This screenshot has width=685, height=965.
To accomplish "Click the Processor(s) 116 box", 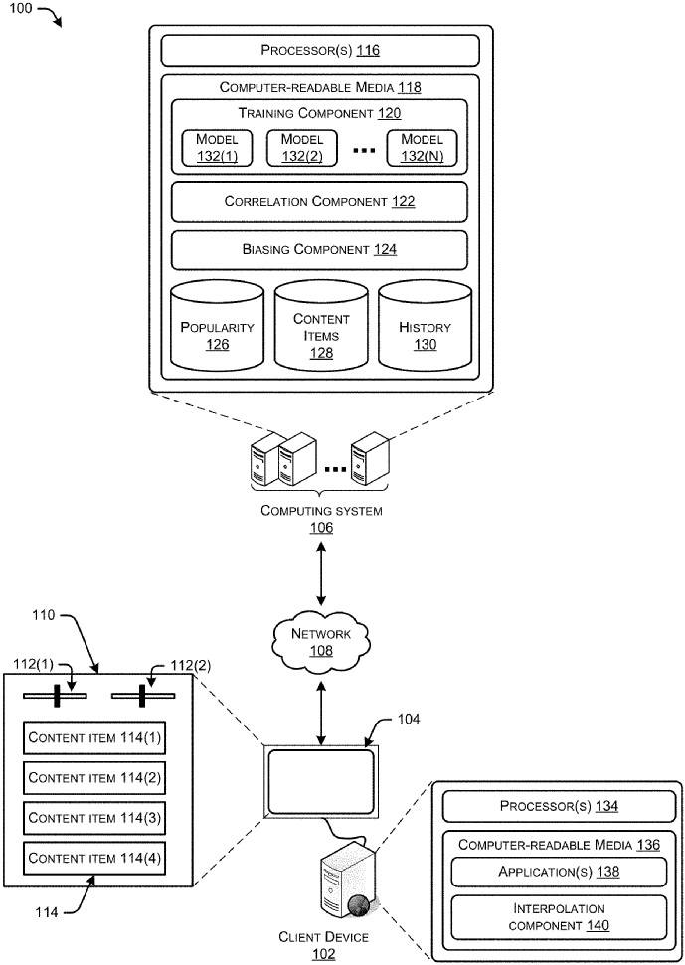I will point(320,50).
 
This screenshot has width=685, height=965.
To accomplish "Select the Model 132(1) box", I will point(217,147).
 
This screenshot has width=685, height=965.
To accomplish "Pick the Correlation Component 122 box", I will point(319,201).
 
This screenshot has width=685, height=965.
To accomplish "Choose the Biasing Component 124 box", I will point(319,249).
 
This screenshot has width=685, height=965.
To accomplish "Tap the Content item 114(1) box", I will point(94,738).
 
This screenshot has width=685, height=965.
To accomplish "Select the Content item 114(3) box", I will point(94,818).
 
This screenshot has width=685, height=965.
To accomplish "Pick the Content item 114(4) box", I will point(94,858).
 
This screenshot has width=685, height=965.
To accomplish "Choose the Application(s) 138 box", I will point(558,872).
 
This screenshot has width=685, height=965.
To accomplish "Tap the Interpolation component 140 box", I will point(558,916).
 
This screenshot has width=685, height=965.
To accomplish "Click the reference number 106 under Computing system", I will point(320,528).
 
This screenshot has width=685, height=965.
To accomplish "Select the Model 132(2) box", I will point(302,147).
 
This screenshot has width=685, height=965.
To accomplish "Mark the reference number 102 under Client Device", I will point(323,954).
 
